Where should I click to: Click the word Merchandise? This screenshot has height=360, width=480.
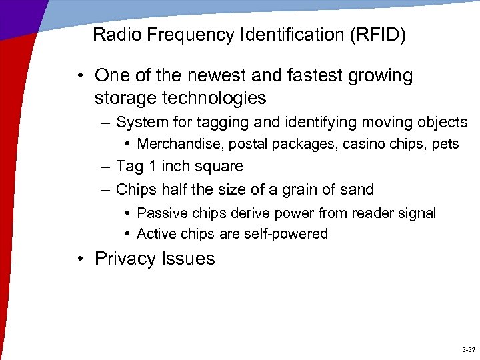coord(177,144)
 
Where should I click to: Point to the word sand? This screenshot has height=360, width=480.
coord(357,189)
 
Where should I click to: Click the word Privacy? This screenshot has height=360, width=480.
coord(122,259)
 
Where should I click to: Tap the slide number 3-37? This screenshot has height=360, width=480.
coord(467,349)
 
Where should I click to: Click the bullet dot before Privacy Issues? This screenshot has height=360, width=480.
coord(80,259)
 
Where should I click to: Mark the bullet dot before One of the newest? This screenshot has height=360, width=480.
coord(80,75)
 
